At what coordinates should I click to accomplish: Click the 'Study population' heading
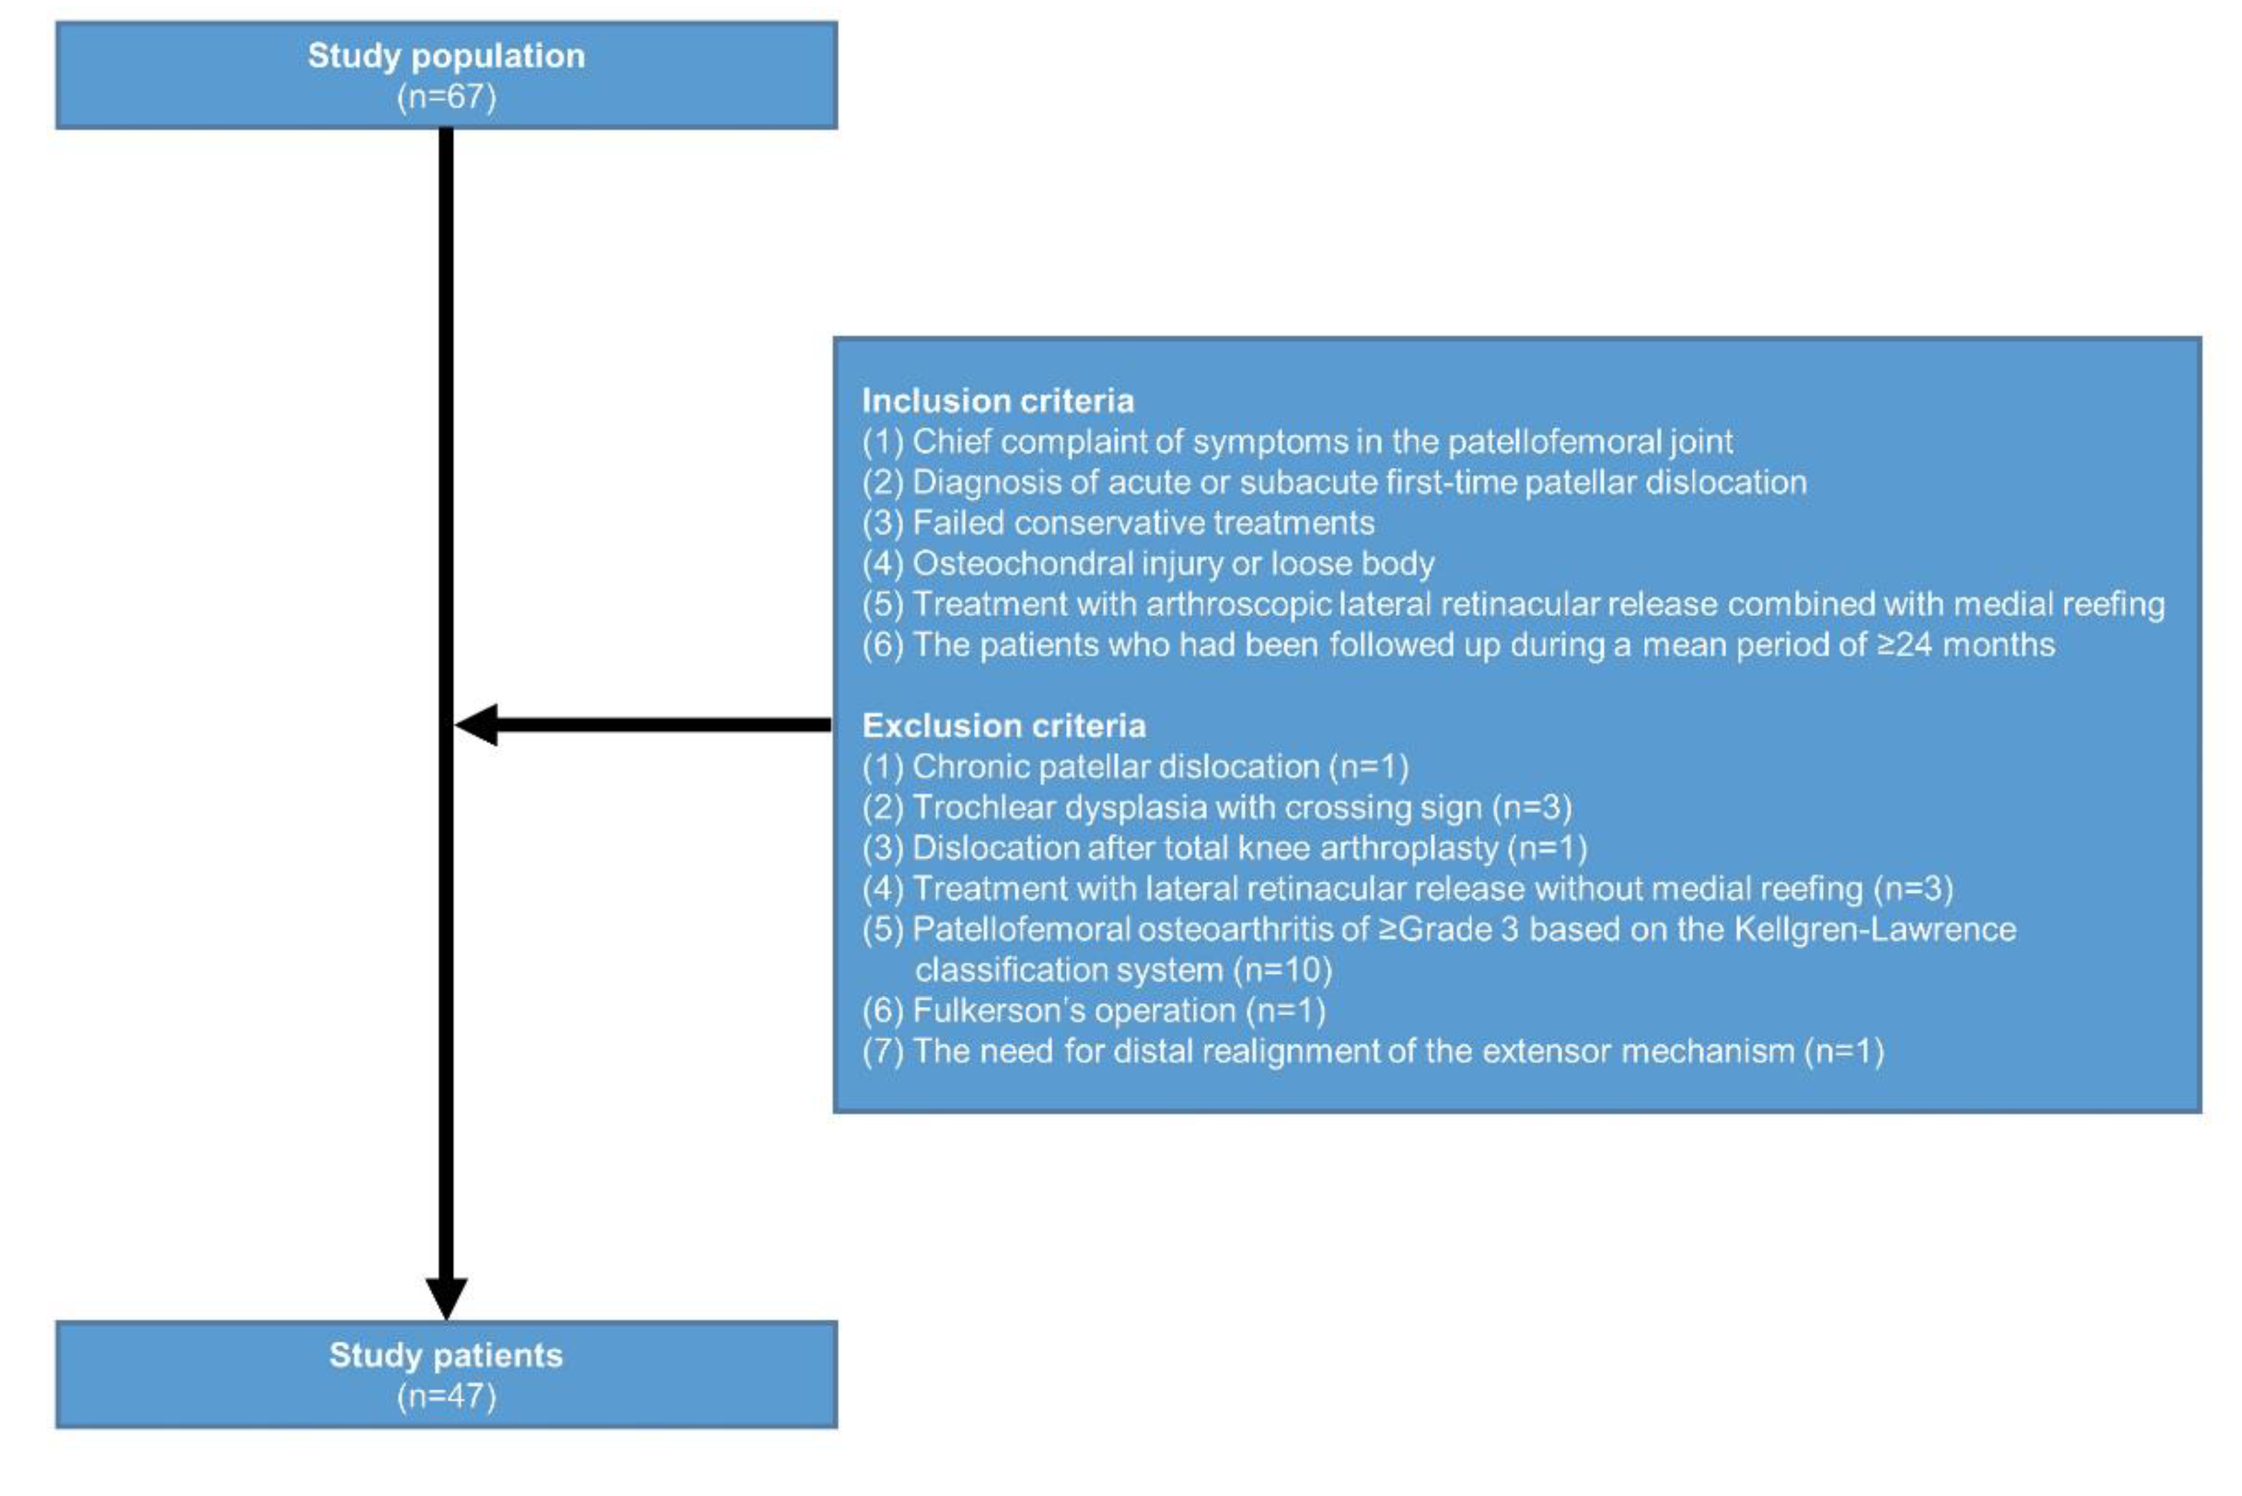coord(446,55)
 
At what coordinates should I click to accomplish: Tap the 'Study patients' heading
coord(446,1355)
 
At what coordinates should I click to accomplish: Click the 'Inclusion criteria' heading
coord(997,401)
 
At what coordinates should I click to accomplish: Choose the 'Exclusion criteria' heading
coord(1003,726)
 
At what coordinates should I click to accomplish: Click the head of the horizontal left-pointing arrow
coord(475,725)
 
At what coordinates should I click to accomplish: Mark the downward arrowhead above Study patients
coord(446,1298)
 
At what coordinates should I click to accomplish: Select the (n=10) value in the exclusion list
coord(1282,970)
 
